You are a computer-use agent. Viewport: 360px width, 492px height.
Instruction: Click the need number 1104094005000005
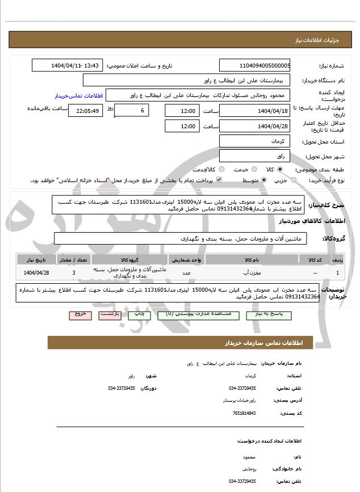click(x=255, y=66)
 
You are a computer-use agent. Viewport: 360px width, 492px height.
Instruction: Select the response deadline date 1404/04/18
click(x=255, y=111)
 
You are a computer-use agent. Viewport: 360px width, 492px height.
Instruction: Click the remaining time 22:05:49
click(x=85, y=111)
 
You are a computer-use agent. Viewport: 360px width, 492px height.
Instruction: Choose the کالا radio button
click(x=263, y=170)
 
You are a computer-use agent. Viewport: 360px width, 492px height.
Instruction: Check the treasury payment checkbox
click(x=219, y=180)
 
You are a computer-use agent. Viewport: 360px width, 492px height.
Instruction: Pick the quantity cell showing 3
click(x=74, y=273)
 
